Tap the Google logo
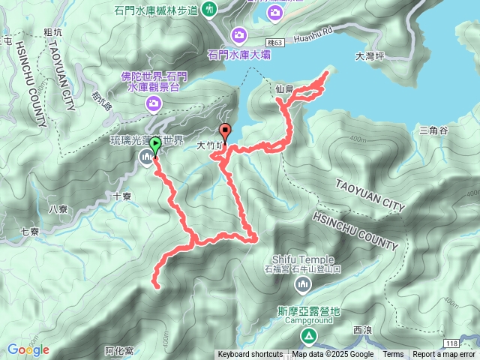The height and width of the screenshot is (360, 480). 28,349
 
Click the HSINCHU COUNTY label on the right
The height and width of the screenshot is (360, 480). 354,229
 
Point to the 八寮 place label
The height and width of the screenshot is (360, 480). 57,209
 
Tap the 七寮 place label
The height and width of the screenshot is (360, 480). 31,232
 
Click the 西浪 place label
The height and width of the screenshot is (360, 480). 361,330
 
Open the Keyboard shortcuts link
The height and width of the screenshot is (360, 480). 250,355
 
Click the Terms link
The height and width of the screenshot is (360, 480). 393,355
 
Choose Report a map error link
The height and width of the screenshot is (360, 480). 444,355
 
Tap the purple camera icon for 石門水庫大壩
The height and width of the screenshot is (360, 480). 240,34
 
